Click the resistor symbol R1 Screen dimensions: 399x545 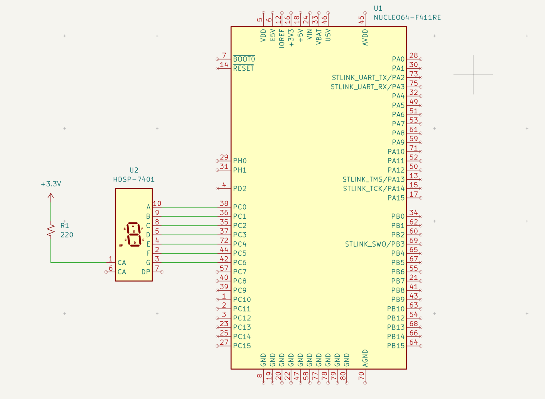[51, 230]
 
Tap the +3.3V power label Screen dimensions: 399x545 [51, 184]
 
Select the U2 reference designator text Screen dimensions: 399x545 [134, 170]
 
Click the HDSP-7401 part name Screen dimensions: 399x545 [134, 179]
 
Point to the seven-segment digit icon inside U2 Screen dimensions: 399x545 [134, 235]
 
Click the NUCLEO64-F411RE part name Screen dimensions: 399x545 [407, 17]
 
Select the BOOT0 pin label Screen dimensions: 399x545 [244, 59]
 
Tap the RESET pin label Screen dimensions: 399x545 [243, 69]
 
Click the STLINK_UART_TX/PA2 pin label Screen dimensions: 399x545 [368, 78]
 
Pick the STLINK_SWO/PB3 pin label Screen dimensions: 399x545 [375, 244]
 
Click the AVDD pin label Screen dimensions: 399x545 [365, 37]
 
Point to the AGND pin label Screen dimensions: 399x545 [365, 358]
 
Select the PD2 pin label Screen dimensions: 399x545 [240, 188]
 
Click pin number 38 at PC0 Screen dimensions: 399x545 [224, 203]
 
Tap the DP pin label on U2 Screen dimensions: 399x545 [146, 272]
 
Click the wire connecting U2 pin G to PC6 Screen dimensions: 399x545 [188, 263]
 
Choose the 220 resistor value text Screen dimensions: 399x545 [67, 235]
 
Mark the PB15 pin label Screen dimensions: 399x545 [396, 346]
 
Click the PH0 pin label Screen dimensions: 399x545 [240, 161]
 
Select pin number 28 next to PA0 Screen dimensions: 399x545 [413, 55]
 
